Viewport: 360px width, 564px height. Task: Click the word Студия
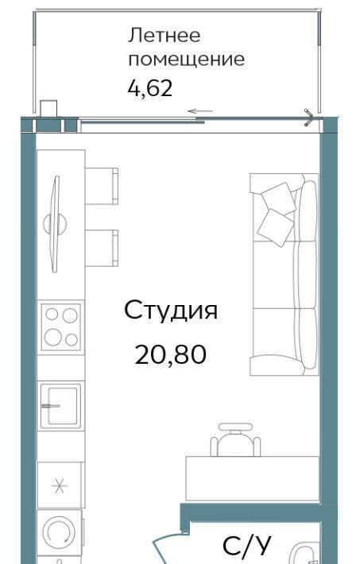click(x=171, y=311)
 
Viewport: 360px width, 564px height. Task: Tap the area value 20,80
click(x=170, y=354)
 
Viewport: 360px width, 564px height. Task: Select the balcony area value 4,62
click(x=150, y=88)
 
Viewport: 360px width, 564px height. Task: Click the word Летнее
click(x=165, y=35)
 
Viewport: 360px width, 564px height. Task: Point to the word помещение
click(x=187, y=60)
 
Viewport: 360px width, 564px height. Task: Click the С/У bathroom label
click(x=246, y=546)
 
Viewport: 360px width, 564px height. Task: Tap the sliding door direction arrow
click(x=200, y=111)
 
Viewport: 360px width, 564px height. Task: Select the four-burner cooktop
click(x=61, y=327)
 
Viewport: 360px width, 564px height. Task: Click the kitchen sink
click(x=60, y=406)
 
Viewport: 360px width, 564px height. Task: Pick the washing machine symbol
click(x=60, y=532)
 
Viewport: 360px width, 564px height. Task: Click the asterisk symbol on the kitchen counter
click(x=60, y=486)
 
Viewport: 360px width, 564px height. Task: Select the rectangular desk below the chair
click(x=253, y=478)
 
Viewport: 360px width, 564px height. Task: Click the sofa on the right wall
click(x=285, y=274)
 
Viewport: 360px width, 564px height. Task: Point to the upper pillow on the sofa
click(x=278, y=198)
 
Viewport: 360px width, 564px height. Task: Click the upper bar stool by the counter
click(x=102, y=186)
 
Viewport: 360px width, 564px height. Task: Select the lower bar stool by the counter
click(x=102, y=248)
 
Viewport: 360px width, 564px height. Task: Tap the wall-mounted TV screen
click(x=55, y=224)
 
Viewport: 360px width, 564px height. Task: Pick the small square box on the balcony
click(x=48, y=109)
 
